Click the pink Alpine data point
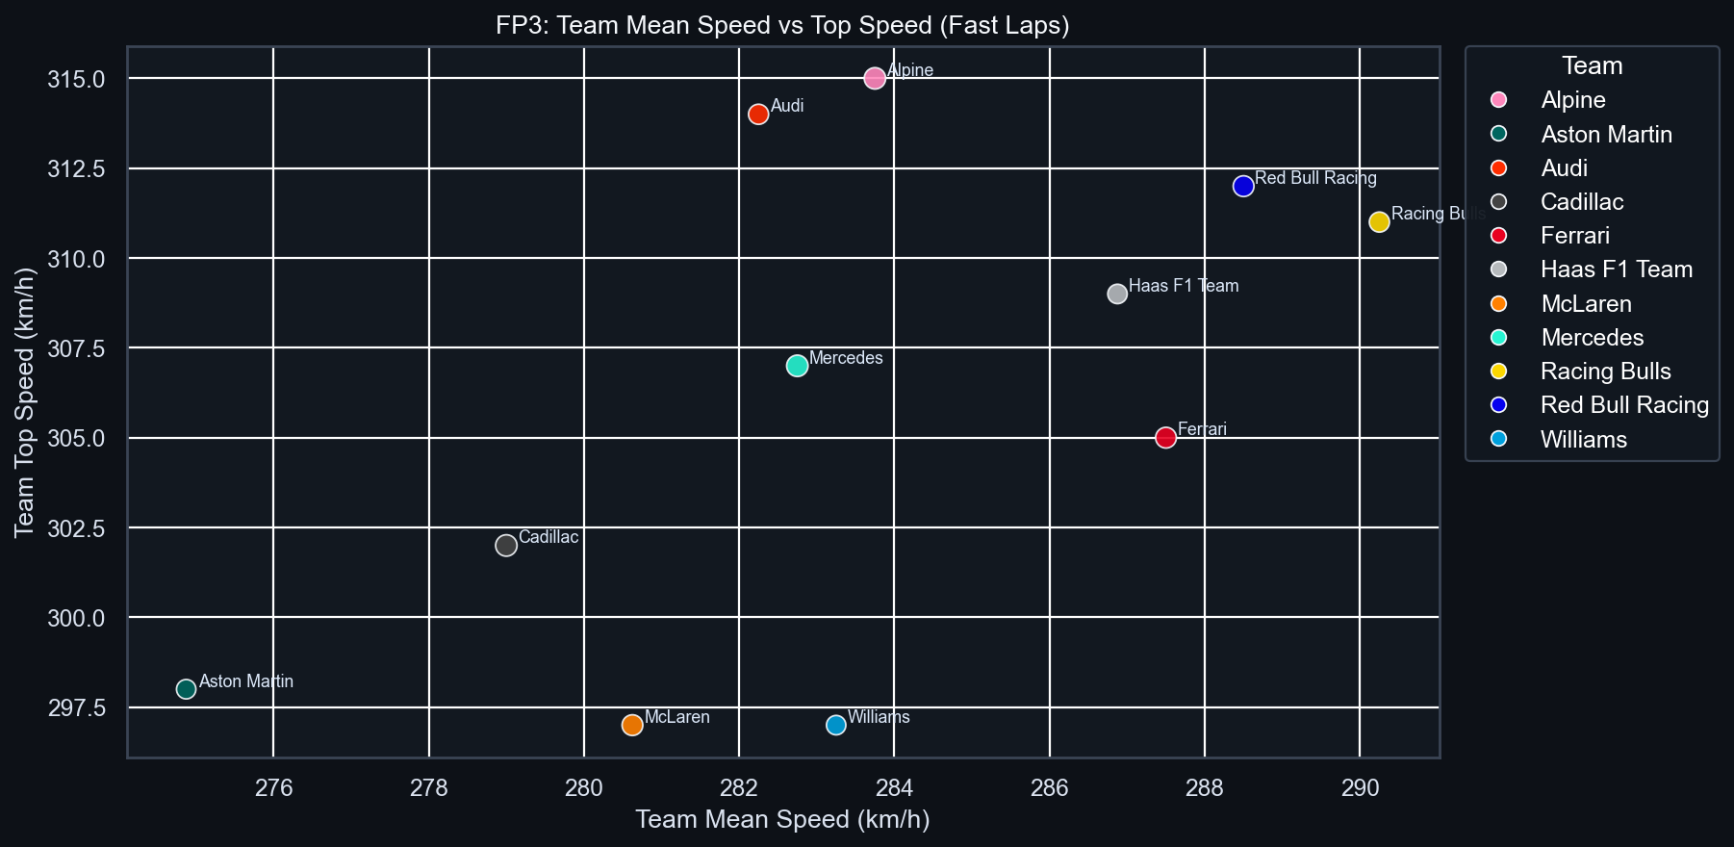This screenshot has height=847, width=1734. [875, 79]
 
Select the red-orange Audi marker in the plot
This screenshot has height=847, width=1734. [758, 115]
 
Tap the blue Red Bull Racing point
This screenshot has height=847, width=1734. [1243, 187]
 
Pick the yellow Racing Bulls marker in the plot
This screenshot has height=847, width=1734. [1379, 222]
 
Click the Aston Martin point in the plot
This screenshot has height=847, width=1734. [187, 689]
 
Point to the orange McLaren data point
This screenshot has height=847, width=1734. [632, 725]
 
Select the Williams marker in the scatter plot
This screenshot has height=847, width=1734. [836, 725]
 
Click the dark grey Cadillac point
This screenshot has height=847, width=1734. [506, 546]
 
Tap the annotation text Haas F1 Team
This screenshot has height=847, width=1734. [1184, 286]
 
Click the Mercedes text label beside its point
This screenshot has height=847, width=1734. [846, 358]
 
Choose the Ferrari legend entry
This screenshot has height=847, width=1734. [1574, 236]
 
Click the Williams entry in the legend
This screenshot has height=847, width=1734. [1583, 440]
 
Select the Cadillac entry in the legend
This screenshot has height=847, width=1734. [1581, 202]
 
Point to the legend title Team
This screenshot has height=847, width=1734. [1592, 66]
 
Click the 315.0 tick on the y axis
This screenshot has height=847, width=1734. [76, 79]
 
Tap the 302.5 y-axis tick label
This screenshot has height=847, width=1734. [76, 528]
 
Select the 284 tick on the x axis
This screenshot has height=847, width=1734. [894, 788]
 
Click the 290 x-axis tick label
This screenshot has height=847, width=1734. [1360, 788]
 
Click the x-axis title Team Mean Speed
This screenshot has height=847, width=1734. [782, 820]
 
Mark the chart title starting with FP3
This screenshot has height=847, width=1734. [782, 25]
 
